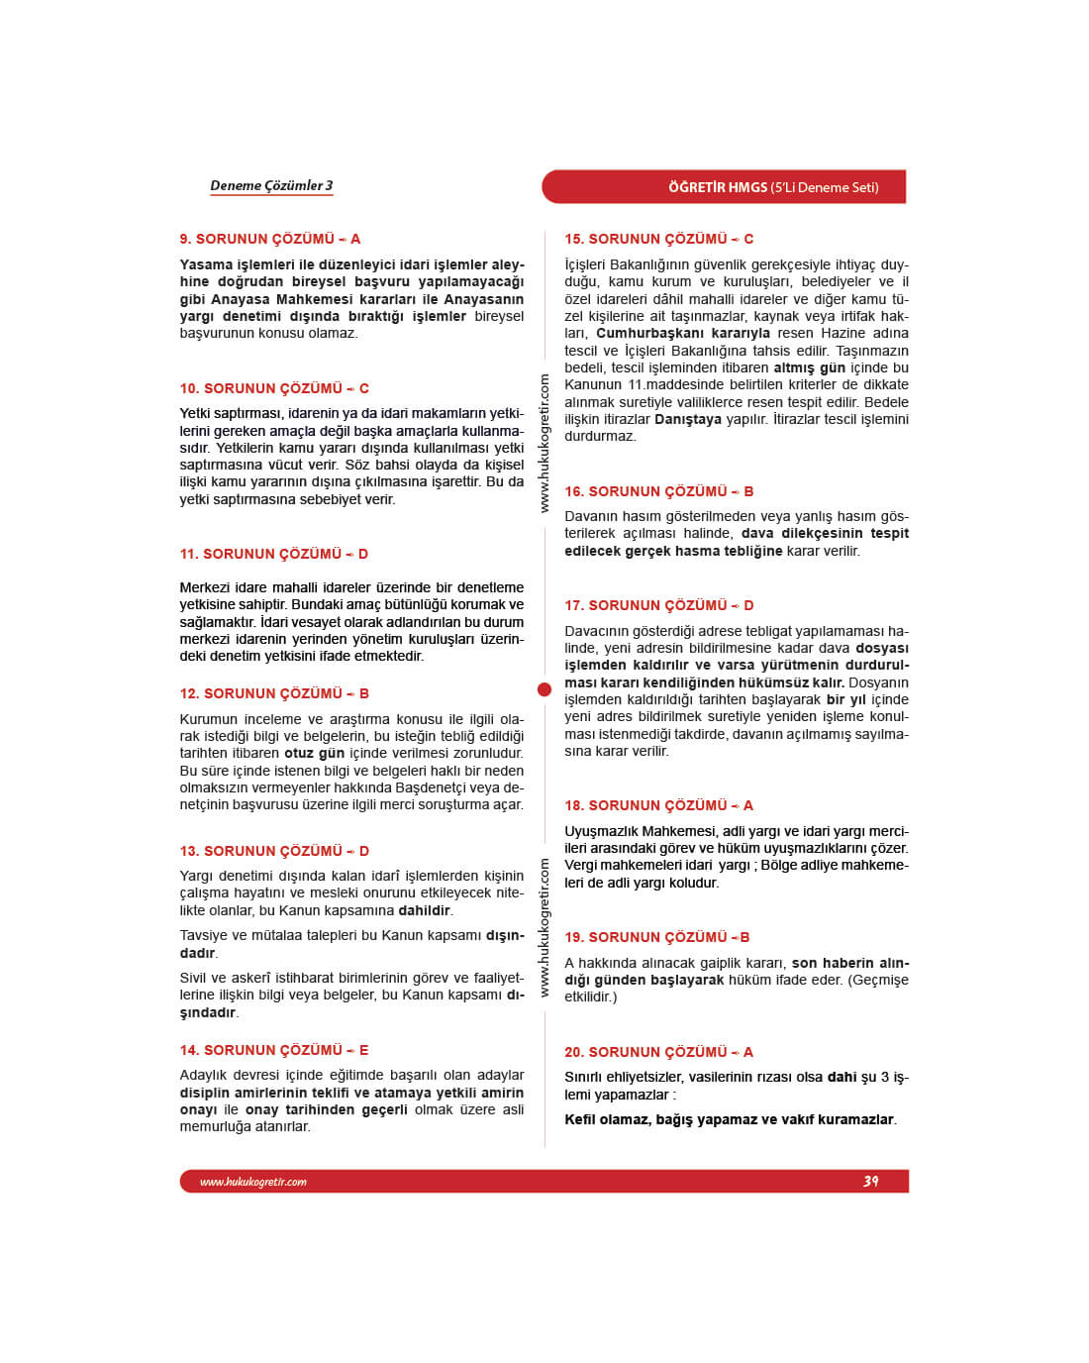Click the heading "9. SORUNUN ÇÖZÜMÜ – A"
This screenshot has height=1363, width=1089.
pos(269,239)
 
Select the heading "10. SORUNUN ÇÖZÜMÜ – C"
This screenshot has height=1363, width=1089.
pos(274,388)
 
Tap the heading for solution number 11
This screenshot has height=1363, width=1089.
pos(273,554)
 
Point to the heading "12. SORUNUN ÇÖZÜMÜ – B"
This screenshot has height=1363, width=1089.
pos(274,693)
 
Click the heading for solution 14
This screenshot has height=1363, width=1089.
pos(273,1050)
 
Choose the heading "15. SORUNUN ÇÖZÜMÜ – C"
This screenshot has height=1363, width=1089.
pos(658,239)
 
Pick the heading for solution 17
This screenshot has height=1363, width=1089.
pos(658,605)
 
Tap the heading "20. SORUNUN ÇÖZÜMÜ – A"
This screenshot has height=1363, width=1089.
pos(658,1052)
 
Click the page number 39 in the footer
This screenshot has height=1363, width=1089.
pos(870,1181)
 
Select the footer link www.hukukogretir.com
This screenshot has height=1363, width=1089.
pos(253,1182)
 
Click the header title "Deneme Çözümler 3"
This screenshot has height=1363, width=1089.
pos(271,185)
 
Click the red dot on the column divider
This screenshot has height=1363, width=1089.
pos(544,689)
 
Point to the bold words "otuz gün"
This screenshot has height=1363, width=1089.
pos(314,754)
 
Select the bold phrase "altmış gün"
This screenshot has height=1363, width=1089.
pos(809,367)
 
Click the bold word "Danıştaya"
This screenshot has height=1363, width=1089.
pos(687,419)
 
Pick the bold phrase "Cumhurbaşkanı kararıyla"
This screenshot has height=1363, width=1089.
pos(682,333)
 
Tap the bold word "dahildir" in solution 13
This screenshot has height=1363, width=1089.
pos(424,910)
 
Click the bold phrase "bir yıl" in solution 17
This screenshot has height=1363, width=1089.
pos(845,699)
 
